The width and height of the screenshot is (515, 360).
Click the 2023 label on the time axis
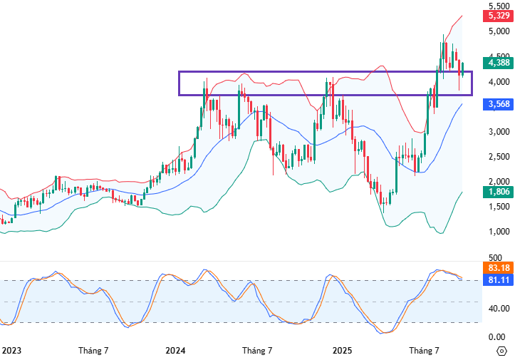[10, 351]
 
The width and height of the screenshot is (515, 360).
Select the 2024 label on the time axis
[175, 351]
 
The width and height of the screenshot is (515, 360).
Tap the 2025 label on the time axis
[342, 351]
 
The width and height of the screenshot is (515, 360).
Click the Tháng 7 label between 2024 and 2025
[257, 351]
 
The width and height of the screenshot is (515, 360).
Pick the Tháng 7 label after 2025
[424, 351]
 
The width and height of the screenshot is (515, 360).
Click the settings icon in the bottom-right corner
[501, 351]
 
